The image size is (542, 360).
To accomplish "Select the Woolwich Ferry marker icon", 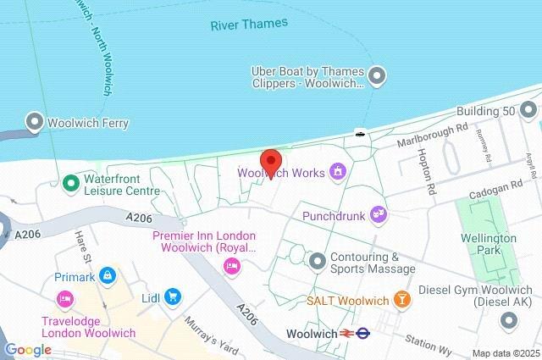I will point(35,123).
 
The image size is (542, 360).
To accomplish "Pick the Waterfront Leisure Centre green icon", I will point(71,182).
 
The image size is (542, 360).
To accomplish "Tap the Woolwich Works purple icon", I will point(338,173).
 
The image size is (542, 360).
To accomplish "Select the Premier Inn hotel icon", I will point(230,266).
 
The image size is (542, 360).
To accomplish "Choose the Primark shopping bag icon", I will point(107,275).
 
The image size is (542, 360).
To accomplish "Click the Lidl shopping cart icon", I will point(173,296).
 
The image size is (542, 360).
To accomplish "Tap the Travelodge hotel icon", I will point(64,298).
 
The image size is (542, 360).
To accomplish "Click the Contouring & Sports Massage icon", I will point(318,259).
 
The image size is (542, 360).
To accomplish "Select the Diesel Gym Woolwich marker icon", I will point(508,319).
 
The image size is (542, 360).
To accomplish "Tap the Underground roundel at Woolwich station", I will point(363,333).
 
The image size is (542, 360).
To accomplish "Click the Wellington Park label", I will point(489,244).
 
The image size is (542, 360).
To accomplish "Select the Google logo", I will point(27,350).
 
